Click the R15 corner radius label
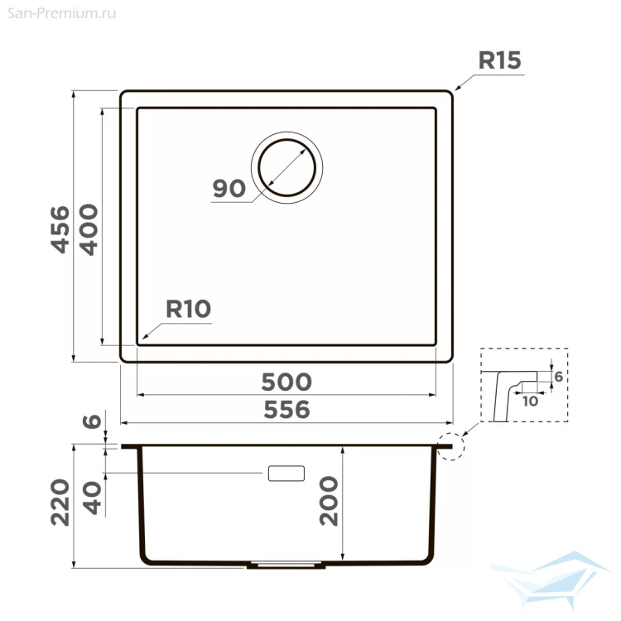point(499,60)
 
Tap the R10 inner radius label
point(188,309)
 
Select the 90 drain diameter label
point(229,188)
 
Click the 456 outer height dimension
point(60,229)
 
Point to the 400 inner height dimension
point(89,229)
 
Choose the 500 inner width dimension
point(286,382)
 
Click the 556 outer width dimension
point(286,410)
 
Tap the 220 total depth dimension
point(60,503)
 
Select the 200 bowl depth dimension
point(329,501)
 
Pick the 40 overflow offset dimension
point(92,498)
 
